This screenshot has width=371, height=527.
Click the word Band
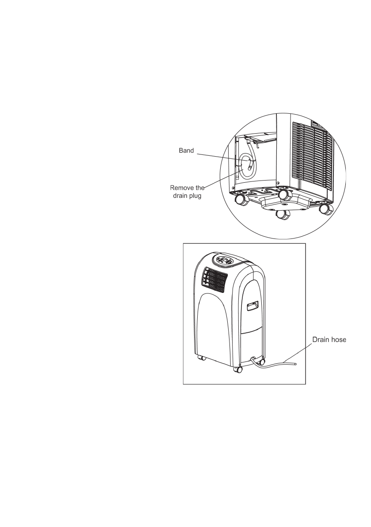point(186,151)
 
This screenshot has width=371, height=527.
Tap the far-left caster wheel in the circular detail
point(241,200)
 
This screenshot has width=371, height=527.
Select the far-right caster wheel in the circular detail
point(327,209)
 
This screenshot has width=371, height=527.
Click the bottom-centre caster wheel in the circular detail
point(282,215)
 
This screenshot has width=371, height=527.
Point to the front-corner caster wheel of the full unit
point(239,368)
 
